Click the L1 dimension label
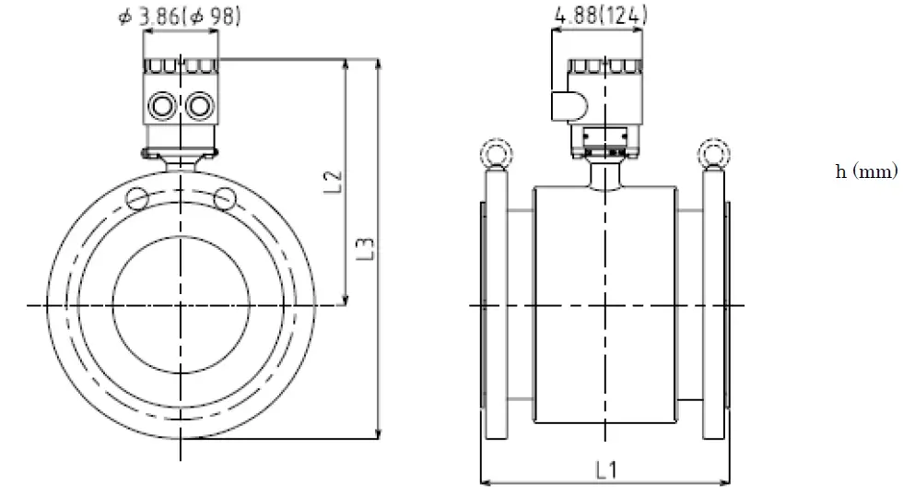click(606, 469)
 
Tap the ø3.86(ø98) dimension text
click(181, 17)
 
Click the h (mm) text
click(865, 172)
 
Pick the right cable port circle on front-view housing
click(198, 106)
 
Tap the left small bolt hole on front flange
click(138, 196)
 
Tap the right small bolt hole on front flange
click(224, 196)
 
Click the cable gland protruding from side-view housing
click(564, 105)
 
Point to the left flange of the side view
click(494, 304)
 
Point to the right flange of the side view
click(715, 304)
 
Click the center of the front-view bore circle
click(182, 304)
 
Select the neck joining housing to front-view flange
click(182, 162)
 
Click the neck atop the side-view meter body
click(604, 173)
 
